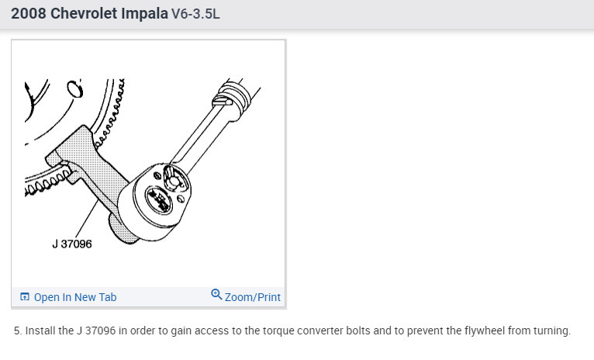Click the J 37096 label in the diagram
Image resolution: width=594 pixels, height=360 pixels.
(71, 244)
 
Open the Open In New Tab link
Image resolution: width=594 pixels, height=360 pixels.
(75, 297)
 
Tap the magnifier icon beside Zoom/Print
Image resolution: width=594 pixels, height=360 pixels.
(216, 296)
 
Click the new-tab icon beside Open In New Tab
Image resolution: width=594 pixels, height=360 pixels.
(25, 297)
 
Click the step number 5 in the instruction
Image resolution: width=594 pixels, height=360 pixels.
(17, 331)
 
